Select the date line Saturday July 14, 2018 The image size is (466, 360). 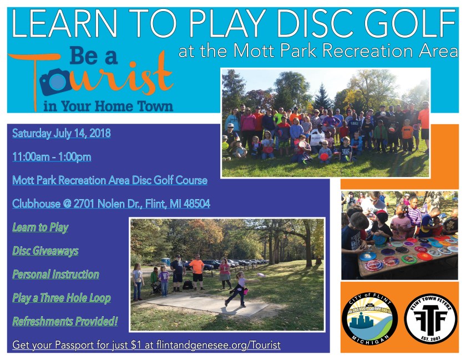[62, 134]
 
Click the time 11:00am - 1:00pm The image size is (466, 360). [52, 157]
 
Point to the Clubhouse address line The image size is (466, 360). [111, 204]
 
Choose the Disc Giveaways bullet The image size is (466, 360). [45, 251]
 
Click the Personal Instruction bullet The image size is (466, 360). [55, 274]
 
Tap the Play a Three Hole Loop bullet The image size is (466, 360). [62, 298]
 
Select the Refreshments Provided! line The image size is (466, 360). [65, 321]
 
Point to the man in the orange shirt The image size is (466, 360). [196, 271]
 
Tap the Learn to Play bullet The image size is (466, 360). [40, 227]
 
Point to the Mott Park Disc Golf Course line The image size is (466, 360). [110, 180]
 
